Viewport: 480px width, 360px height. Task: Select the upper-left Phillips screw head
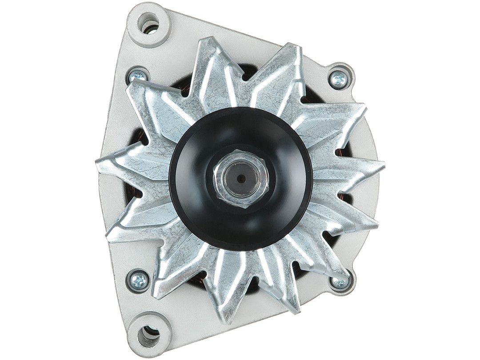pyautogui.click(x=139, y=77)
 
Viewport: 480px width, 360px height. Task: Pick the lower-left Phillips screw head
pyautogui.click(x=138, y=280)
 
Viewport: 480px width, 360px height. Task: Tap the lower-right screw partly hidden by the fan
pyautogui.click(x=340, y=282)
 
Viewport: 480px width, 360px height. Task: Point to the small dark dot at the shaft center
pyautogui.click(x=240, y=178)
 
